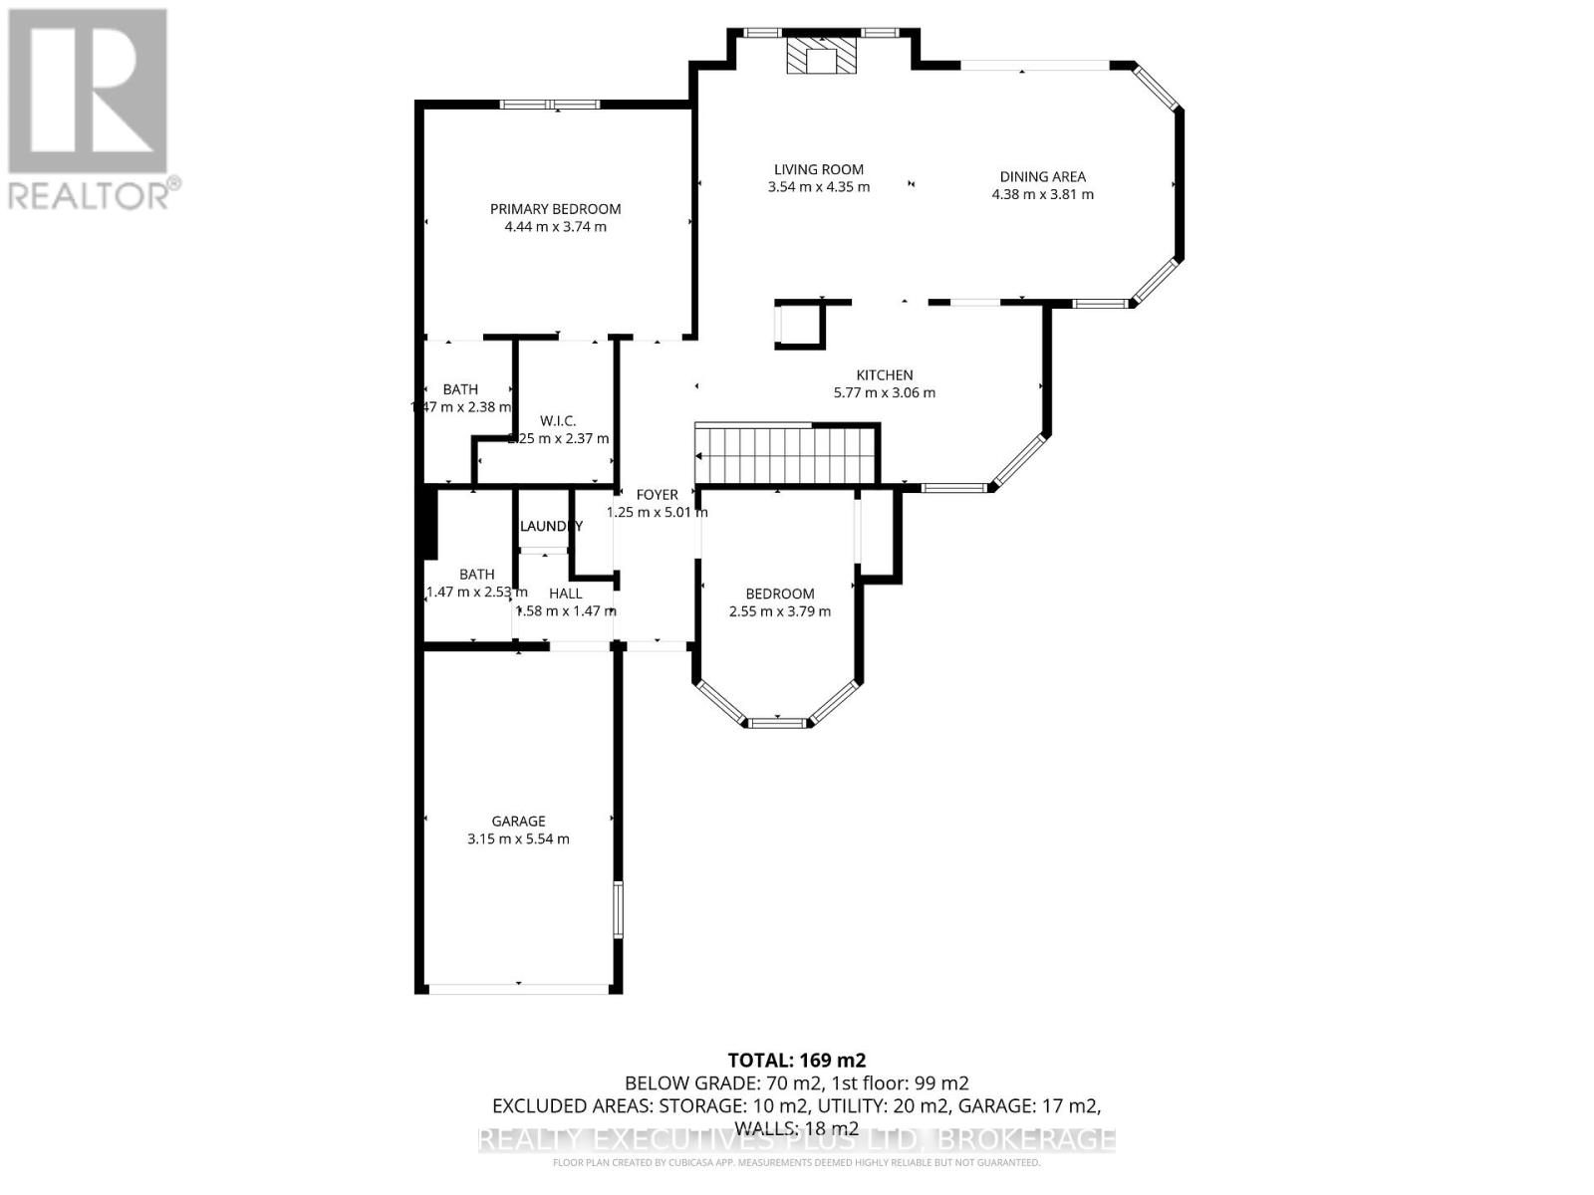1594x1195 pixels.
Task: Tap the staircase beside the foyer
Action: pos(785,456)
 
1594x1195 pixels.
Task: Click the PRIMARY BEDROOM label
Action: pos(555,209)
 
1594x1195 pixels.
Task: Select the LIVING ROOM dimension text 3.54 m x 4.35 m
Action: pos(819,187)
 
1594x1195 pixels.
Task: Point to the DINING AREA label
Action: pos(1042,176)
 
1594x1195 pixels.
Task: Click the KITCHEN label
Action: pos(884,375)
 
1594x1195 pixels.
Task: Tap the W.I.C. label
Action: pos(558,421)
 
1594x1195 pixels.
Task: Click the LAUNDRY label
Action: pos(550,526)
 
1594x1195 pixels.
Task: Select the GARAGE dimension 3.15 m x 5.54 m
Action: pos(518,839)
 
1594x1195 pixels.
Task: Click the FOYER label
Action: pos(657,495)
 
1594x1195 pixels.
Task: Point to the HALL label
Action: pos(565,594)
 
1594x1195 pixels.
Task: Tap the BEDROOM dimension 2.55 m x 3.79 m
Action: pos(779,611)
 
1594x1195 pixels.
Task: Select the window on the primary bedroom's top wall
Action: pos(549,104)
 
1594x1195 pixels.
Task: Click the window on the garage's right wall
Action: pos(618,909)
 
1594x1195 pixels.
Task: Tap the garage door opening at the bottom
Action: pos(518,988)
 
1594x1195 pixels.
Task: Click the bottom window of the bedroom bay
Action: pos(778,721)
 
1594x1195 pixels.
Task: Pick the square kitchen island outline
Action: pos(800,325)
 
